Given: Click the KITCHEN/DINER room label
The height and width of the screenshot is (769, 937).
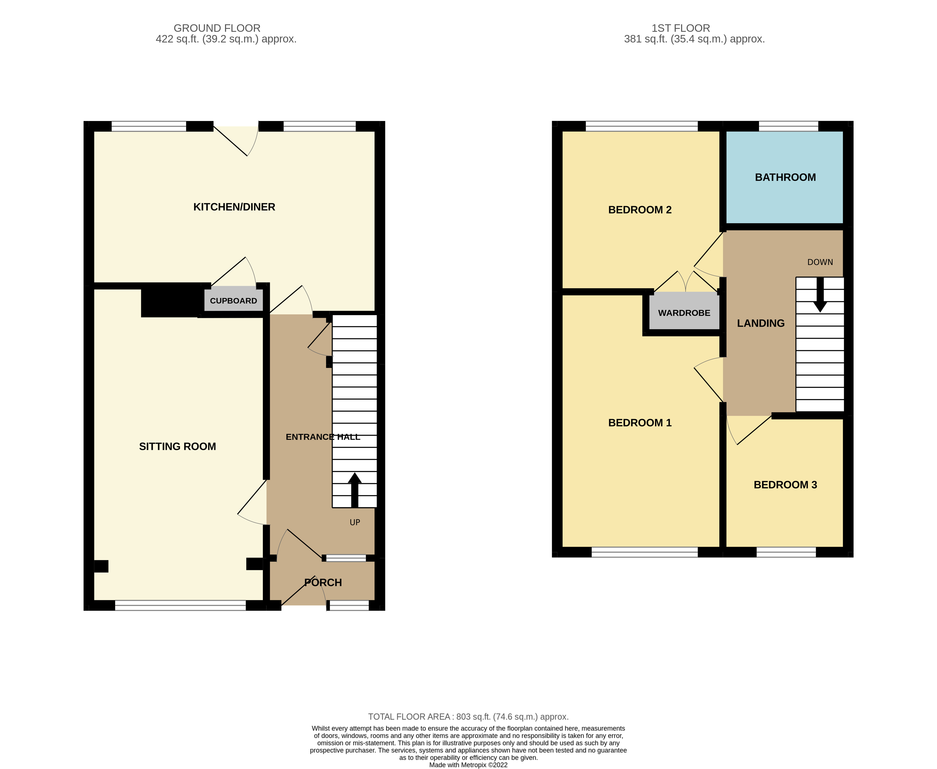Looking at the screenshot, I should pos(234,207).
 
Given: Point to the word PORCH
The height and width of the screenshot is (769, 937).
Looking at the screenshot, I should pos(323,583).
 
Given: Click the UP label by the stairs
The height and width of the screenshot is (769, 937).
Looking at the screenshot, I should pos(355,522).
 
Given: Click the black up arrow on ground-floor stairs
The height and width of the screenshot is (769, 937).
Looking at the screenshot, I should pos(355,490).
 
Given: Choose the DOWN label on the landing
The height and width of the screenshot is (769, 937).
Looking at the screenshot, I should pos(820,262).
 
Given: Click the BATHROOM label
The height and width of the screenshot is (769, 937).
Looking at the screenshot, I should pos(785,177).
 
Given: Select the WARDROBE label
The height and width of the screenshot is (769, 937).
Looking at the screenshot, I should pos(684,313).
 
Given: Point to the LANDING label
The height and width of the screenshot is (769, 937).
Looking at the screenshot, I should pos(761,323).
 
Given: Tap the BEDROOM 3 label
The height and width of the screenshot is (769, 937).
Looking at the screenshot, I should pos(785,485).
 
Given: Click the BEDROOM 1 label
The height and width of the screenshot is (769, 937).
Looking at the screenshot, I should pos(640,423).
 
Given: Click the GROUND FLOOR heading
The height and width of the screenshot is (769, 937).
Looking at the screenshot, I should pos(217,28).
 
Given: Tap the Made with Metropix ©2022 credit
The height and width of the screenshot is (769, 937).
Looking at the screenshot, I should pos(468,765).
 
